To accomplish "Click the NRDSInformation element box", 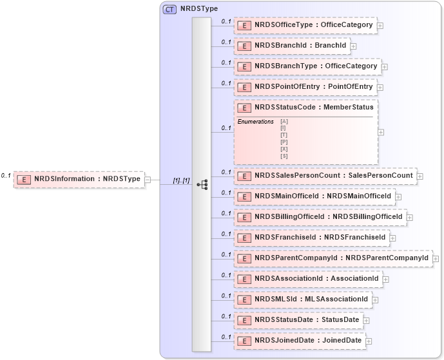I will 79,179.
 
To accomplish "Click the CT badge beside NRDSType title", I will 170,10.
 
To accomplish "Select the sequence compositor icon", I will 202,184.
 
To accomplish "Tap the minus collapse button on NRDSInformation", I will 148,180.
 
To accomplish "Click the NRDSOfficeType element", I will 305,26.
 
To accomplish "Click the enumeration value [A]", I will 284,121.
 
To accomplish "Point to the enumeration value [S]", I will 284,155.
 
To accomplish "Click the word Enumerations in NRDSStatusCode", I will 255,122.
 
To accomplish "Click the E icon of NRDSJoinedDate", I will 244,341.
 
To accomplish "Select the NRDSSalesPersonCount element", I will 325,175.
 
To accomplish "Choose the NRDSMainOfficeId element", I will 314,196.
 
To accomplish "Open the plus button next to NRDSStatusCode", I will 381,132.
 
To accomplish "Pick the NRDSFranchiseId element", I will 311,238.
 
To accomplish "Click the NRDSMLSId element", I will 302,299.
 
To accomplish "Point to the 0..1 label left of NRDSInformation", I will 5,175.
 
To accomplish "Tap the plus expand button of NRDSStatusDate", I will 366,320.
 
